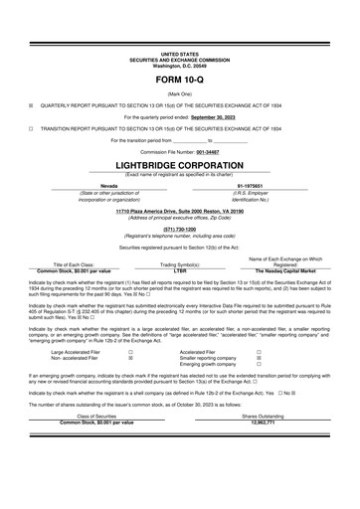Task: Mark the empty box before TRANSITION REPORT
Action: pyautogui.click(x=31, y=128)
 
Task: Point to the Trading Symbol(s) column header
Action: pyautogui.click(x=180, y=264)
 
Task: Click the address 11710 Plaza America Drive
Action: pyautogui.click(x=179, y=211)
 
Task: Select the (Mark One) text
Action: pyautogui.click(x=179, y=91)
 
